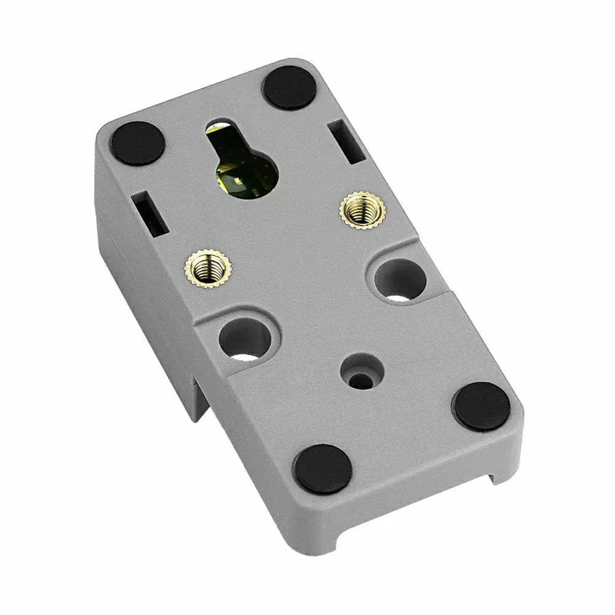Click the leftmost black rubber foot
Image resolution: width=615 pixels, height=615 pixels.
(x=137, y=143)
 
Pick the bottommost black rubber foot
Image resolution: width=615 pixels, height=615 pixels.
(x=322, y=469)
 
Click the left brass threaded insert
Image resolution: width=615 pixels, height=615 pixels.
(x=204, y=267)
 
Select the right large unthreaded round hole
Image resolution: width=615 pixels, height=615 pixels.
(x=400, y=280)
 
